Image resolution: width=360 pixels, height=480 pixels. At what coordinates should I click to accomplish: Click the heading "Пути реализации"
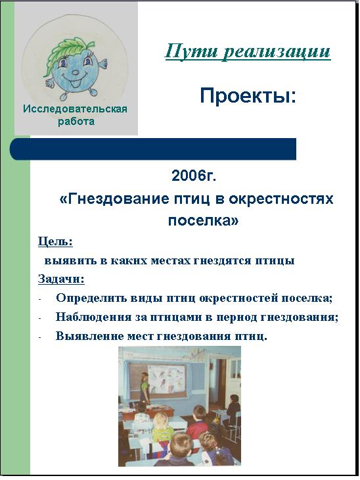coord(248,51)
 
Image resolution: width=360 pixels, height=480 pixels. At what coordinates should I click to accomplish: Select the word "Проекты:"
coord(248,95)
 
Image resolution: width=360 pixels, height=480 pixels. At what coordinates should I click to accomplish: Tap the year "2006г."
coord(194,176)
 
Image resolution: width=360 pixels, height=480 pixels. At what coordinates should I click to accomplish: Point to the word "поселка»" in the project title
coord(203,220)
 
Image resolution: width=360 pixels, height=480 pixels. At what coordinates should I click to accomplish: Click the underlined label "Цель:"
coord(55,242)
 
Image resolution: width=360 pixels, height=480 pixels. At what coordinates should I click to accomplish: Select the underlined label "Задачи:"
coord(61,279)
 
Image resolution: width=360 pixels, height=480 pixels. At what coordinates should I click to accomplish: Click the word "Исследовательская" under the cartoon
coord(75,109)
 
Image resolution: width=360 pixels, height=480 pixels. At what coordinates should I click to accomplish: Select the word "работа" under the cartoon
coord(76,122)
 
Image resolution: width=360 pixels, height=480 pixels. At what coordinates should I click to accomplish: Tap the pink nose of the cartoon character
coord(75,72)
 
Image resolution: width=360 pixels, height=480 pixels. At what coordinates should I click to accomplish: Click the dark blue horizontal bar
coord(153,149)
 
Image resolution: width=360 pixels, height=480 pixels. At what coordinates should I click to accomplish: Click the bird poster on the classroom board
coord(168,379)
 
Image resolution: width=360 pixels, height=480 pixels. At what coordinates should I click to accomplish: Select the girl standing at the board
coord(144,387)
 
